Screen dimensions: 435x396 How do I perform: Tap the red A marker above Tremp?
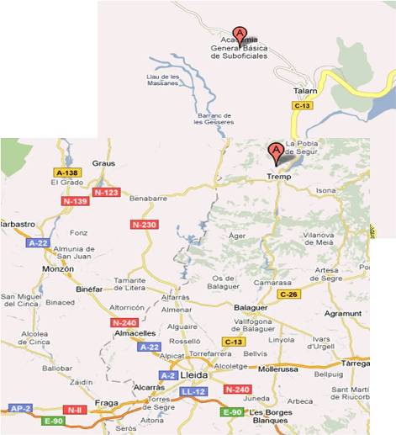pyautogui.click(x=274, y=152)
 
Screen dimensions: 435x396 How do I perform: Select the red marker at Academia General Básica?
pyautogui.click(x=242, y=34)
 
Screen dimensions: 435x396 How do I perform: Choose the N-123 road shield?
pyautogui.click(x=107, y=193)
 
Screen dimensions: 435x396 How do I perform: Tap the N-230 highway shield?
pyautogui.click(x=143, y=225)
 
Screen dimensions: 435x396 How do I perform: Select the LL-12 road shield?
pyautogui.click(x=193, y=392)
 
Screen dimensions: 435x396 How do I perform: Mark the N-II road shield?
pyautogui.click(x=76, y=410)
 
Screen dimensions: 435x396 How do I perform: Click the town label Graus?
pyautogui.click(x=103, y=163)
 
